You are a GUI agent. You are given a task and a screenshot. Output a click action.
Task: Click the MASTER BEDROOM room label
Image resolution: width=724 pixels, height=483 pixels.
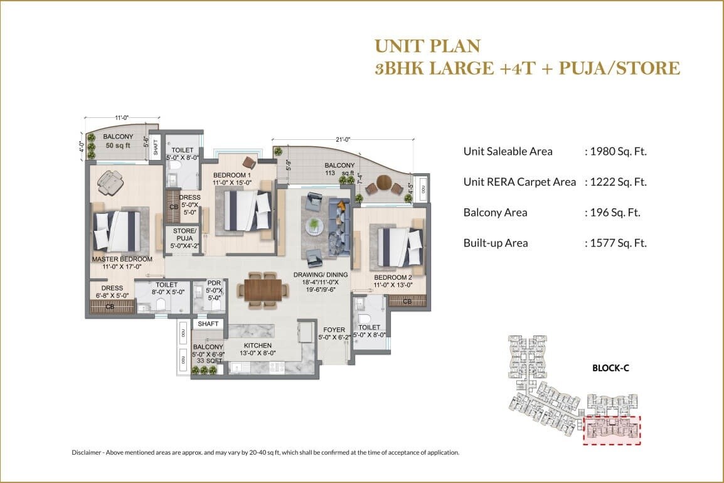tap(122, 259)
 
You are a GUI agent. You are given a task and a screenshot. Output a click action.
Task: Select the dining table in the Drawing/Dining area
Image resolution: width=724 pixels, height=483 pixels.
tap(259, 291)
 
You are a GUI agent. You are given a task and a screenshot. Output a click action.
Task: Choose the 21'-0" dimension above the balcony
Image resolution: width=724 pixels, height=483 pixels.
tap(342, 140)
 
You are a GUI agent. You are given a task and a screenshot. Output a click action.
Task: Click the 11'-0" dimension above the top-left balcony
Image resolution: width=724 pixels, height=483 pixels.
tap(122, 117)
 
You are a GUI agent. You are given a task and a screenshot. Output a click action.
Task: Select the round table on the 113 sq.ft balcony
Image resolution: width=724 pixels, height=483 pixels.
tap(383, 186)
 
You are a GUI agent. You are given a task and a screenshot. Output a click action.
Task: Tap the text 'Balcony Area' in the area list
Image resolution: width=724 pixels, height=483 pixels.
tap(495, 213)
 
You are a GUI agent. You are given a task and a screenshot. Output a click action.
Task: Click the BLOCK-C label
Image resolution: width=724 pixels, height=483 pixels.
tap(610, 368)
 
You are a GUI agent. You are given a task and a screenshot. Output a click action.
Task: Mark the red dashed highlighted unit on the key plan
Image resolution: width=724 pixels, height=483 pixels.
tap(611, 430)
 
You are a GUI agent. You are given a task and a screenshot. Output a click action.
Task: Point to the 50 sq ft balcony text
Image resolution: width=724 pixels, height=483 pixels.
tap(117, 146)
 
